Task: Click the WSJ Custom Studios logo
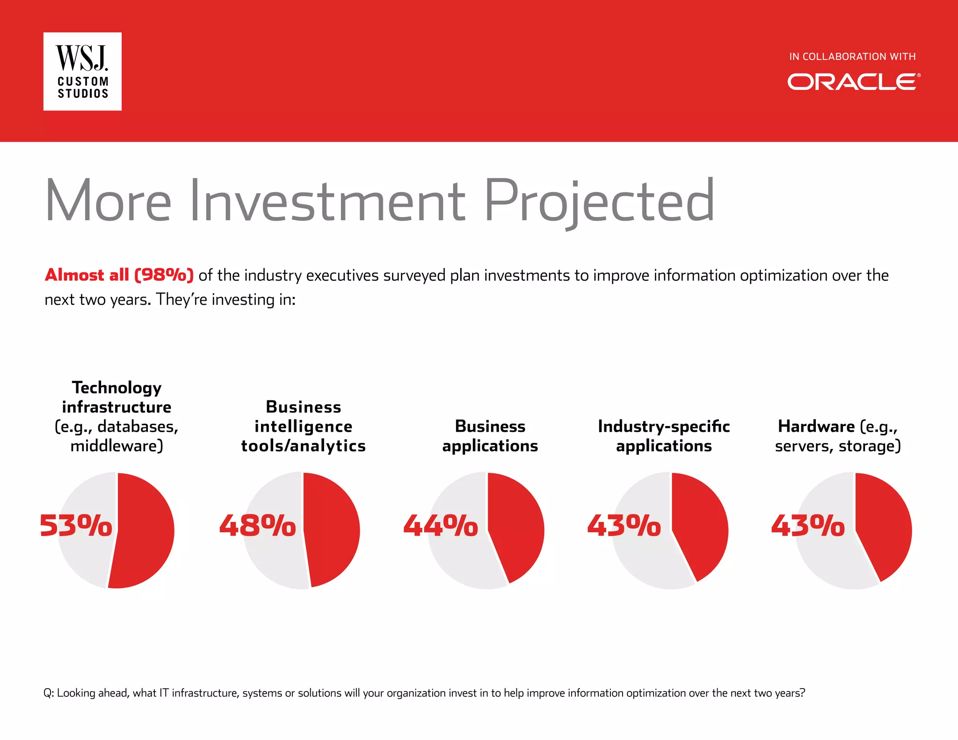82,72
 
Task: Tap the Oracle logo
853,82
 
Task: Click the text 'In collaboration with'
852,57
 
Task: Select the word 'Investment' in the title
327,201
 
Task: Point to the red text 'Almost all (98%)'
119,275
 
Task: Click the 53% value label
76,525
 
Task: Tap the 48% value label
257,525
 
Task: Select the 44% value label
441,525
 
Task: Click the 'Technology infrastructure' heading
116,397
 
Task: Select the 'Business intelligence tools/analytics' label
303,426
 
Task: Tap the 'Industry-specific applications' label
663,436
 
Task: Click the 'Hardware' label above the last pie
816,426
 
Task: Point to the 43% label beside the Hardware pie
808,525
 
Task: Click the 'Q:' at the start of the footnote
49,693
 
